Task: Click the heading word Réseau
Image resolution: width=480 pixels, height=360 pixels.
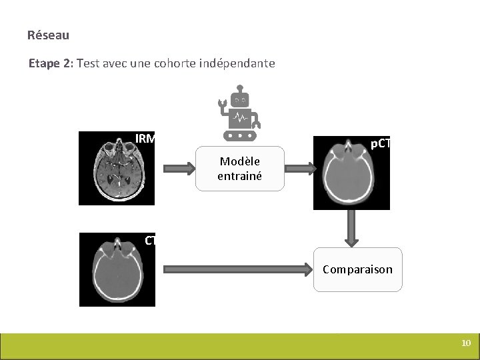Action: [x=48, y=35]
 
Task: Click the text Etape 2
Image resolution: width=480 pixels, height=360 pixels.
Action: [x=51, y=64]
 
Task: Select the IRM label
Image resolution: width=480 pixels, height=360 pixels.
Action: [x=145, y=139]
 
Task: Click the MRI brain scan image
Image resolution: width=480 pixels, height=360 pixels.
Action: [x=117, y=168]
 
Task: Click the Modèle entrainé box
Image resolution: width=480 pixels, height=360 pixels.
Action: [x=239, y=169]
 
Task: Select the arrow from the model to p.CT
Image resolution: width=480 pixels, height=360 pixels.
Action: [x=299, y=169]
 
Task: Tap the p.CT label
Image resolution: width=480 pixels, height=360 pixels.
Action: [x=380, y=143]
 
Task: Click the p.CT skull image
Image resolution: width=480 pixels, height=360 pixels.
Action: [x=351, y=173]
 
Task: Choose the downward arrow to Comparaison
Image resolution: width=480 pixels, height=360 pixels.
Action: [x=351, y=228]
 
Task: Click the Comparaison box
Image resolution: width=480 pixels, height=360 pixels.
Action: [x=358, y=269]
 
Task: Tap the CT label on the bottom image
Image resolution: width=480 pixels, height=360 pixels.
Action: [x=150, y=241]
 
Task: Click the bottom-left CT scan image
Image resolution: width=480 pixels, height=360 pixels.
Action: [x=117, y=269]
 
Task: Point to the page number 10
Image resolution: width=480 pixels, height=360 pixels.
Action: [x=466, y=343]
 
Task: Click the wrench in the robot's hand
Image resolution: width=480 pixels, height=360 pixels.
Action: [x=223, y=103]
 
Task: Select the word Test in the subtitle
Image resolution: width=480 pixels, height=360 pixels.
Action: [x=89, y=64]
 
